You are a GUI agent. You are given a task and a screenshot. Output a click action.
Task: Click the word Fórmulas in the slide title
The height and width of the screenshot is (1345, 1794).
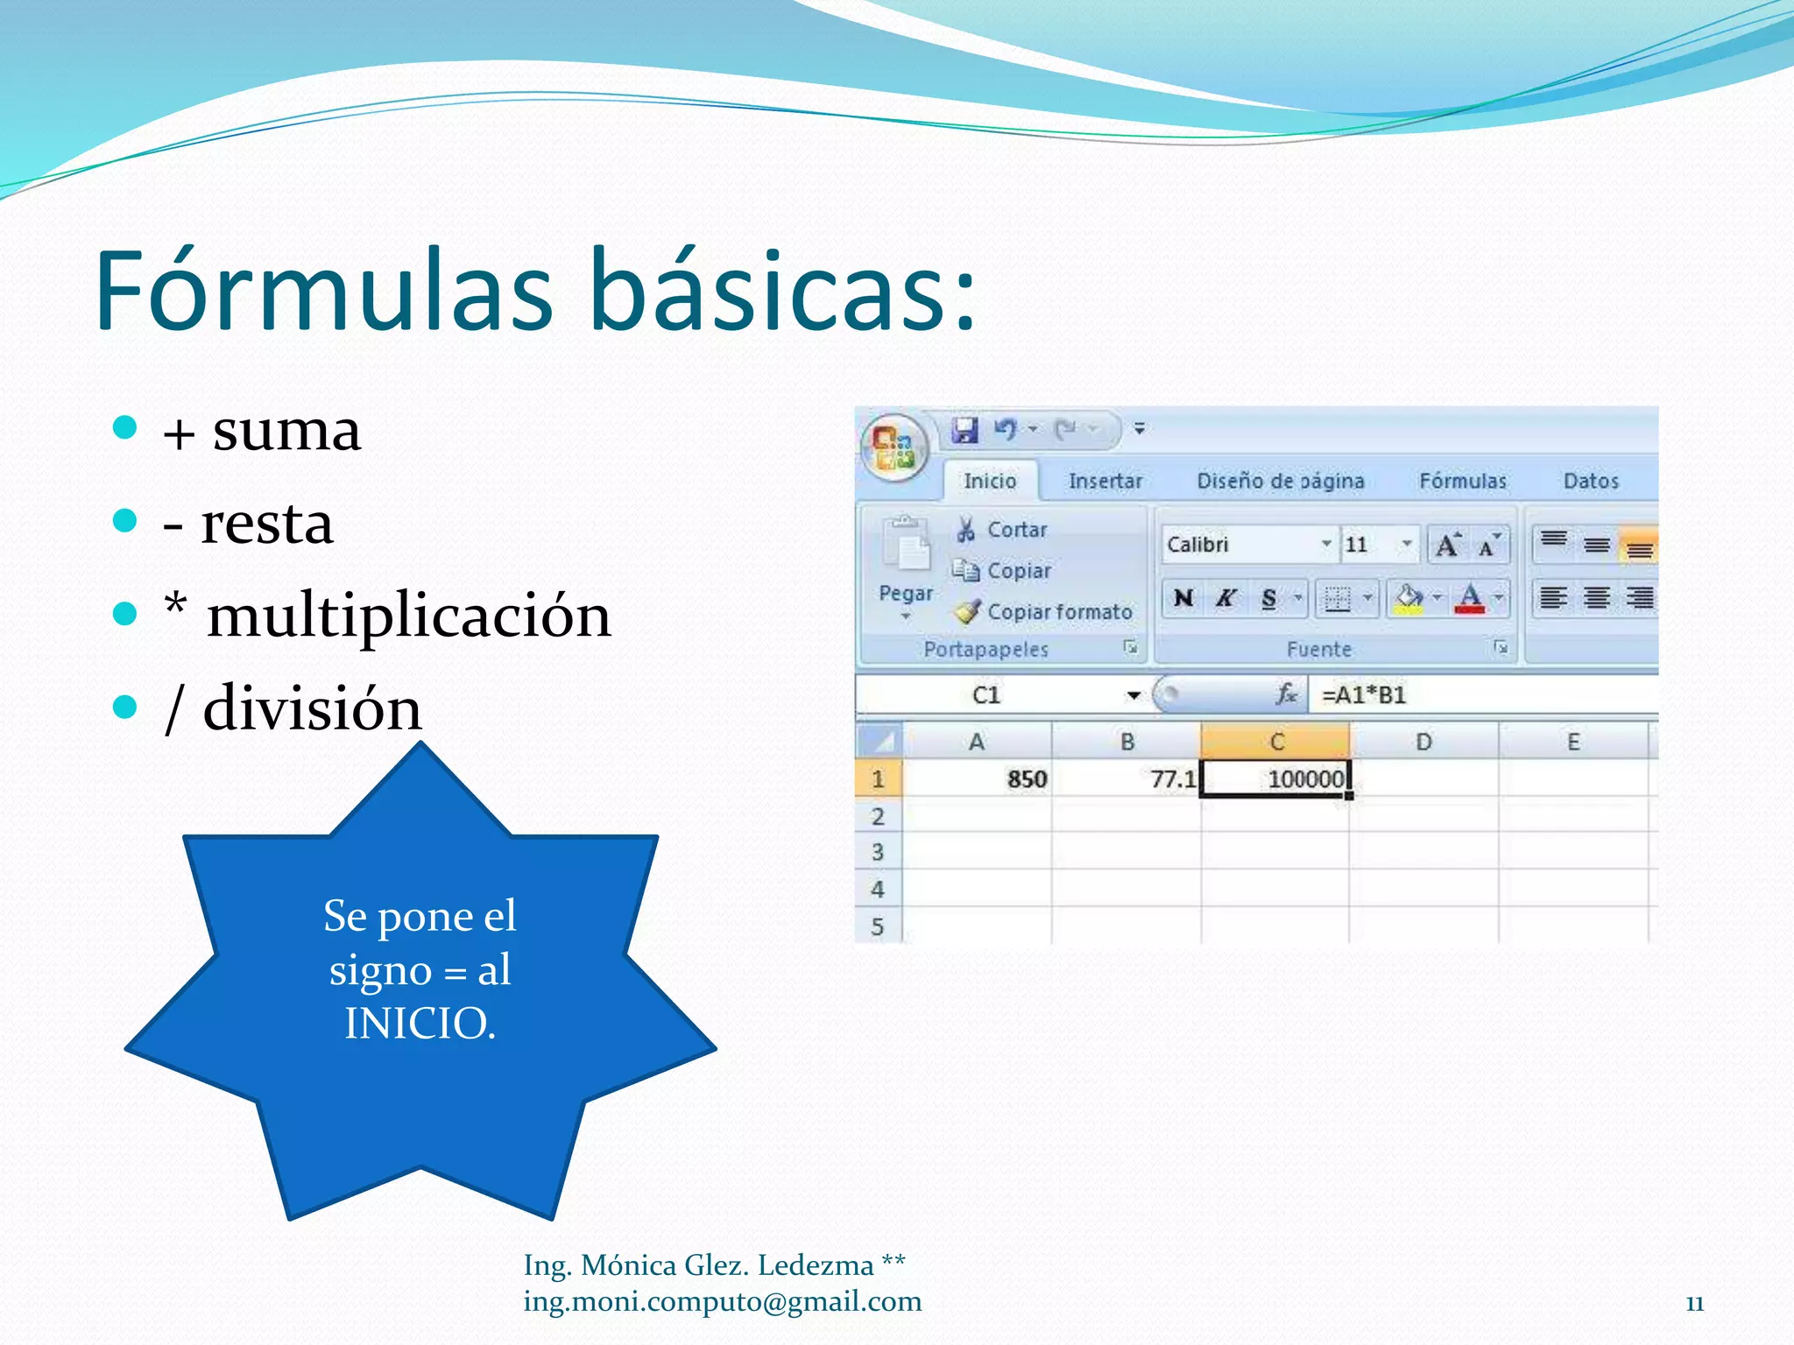[x=324, y=292]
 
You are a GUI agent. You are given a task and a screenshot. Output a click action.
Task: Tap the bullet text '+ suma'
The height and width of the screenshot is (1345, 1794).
[x=262, y=432]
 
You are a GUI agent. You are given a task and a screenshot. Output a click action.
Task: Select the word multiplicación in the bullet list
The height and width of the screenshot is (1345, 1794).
[x=408, y=616]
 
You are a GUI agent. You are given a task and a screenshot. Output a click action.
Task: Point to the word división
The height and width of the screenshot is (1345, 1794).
[x=312, y=708]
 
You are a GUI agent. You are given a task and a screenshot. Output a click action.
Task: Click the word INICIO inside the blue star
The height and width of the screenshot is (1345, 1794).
[x=420, y=1024]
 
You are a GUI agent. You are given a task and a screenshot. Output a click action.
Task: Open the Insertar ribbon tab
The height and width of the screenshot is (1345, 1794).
[x=1105, y=481]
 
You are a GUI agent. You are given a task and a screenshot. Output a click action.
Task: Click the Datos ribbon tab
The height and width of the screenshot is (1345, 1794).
[x=1590, y=481]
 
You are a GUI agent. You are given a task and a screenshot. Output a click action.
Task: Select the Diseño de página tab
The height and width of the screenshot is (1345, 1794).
[x=1280, y=481]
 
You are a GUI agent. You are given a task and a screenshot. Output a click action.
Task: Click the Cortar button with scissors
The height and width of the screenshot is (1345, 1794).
[x=1003, y=530]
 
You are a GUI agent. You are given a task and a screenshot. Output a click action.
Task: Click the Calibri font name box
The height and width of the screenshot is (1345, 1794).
[x=1239, y=545]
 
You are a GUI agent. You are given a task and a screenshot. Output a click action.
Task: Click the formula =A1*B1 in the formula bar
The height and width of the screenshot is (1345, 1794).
[x=1363, y=695]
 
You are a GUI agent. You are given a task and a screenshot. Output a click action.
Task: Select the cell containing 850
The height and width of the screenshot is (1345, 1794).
[x=977, y=778]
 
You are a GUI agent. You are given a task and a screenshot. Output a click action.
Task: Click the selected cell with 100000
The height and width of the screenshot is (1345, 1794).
[x=1275, y=778]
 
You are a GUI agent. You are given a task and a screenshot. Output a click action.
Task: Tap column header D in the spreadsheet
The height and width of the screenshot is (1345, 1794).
[x=1423, y=743]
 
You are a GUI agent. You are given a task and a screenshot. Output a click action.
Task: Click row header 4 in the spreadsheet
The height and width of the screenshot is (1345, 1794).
[x=878, y=890]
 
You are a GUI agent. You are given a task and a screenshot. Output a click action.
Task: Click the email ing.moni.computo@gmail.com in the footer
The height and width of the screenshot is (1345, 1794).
[x=722, y=1302]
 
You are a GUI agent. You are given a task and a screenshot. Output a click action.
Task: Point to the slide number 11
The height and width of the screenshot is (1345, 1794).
[x=1694, y=1304]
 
